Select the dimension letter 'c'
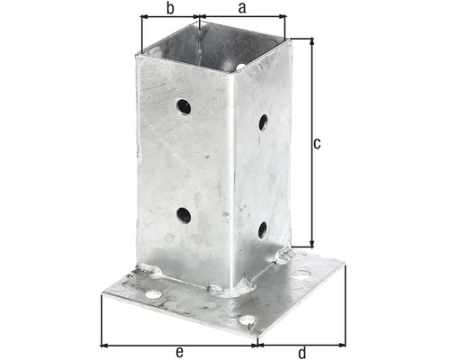click(318, 142)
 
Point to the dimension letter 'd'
click(301, 352)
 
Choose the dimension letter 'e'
click(180, 352)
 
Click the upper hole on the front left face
click(184, 107)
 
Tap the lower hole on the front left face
click(184, 215)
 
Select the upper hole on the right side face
click(263, 121)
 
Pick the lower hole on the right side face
click(262, 230)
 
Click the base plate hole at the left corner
click(154, 294)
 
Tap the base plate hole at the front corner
click(246, 319)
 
